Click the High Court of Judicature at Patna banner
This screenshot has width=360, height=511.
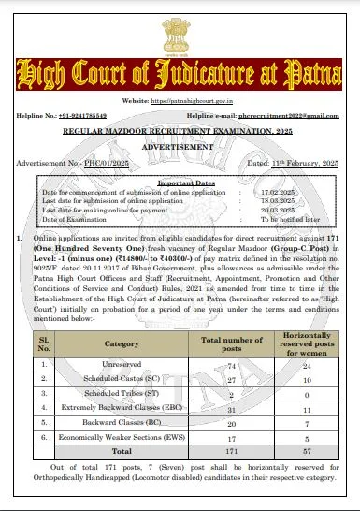point(180,75)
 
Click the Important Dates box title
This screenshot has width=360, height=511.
point(180,184)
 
